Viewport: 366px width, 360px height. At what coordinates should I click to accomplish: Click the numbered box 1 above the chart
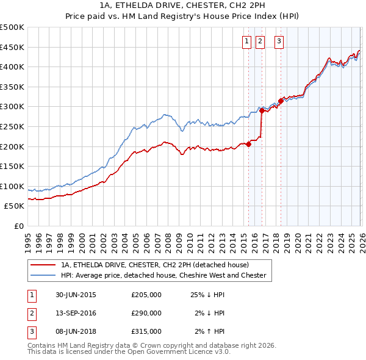point(247,41)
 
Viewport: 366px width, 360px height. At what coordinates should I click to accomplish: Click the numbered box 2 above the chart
point(260,41)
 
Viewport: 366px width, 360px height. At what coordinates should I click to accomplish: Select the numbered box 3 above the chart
point(279,41)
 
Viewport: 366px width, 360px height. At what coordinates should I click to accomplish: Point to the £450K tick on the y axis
point(12,47)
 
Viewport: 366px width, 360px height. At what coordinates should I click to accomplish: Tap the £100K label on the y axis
point(12,186)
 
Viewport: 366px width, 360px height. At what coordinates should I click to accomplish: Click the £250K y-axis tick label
point(12,126)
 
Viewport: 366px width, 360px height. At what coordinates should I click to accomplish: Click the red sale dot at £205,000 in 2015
point(248,145)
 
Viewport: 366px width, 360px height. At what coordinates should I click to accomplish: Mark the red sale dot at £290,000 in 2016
point(262,111)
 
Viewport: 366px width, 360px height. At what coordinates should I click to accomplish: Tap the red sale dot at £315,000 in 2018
point(281,101)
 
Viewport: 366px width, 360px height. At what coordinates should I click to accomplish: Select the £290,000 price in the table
point(146,313)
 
